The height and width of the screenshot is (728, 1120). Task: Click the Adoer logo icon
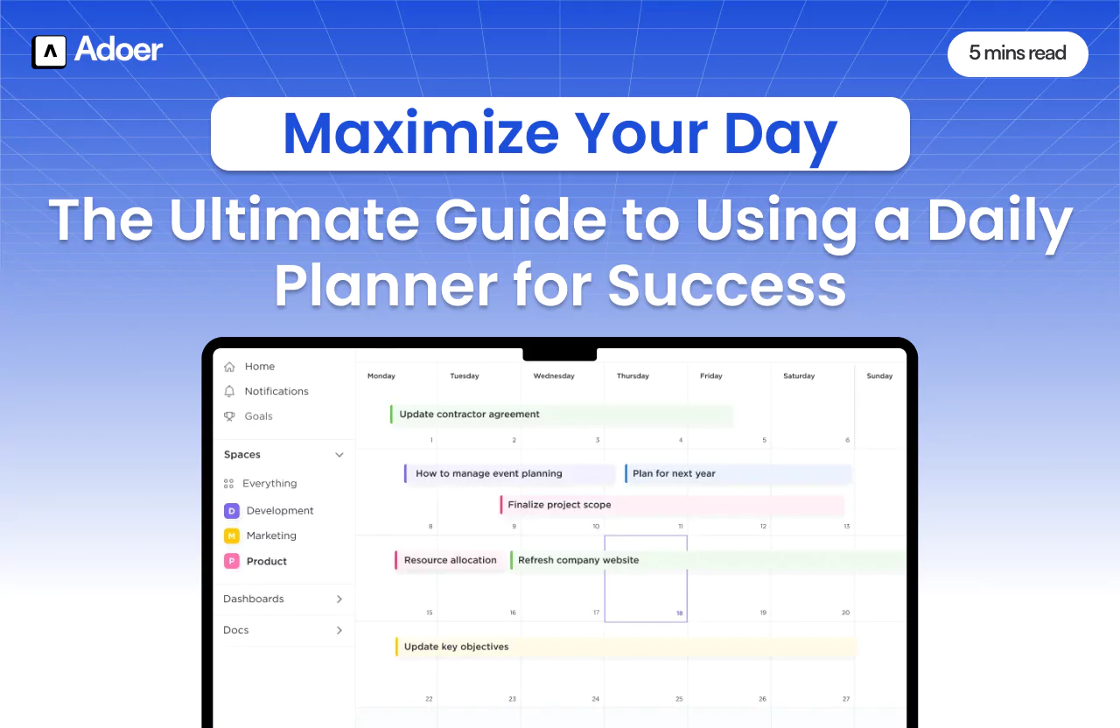(49, 52)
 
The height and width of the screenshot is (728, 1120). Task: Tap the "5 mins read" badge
(1017, 53)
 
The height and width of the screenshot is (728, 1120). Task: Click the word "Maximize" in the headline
(420, 134)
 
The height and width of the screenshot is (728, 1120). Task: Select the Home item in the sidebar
(259, 367)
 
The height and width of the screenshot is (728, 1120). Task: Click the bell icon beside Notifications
(229, 391)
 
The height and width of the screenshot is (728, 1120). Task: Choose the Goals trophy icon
(229, 416)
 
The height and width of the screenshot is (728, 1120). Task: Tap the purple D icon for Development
(232, 511)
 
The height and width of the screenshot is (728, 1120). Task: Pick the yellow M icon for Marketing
(232, 535)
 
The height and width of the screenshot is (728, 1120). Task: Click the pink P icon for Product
(232, 562)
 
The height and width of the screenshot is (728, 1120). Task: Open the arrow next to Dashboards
(339, 599)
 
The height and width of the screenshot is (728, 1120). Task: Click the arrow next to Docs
(339, 630)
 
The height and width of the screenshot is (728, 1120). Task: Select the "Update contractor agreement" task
(470, 415)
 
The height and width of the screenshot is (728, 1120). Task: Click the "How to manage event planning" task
(489, 473)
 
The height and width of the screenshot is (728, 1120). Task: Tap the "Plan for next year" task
(674, 473)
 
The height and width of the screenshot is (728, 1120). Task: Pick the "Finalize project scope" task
(559, 505)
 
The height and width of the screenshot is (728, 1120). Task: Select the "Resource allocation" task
(450, 560)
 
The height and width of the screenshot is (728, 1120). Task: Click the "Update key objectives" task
(456, 647)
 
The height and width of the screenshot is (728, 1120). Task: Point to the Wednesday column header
(554, 376)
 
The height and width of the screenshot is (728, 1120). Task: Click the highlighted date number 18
(679, 613)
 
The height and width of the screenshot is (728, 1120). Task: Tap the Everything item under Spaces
(269, 483)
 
